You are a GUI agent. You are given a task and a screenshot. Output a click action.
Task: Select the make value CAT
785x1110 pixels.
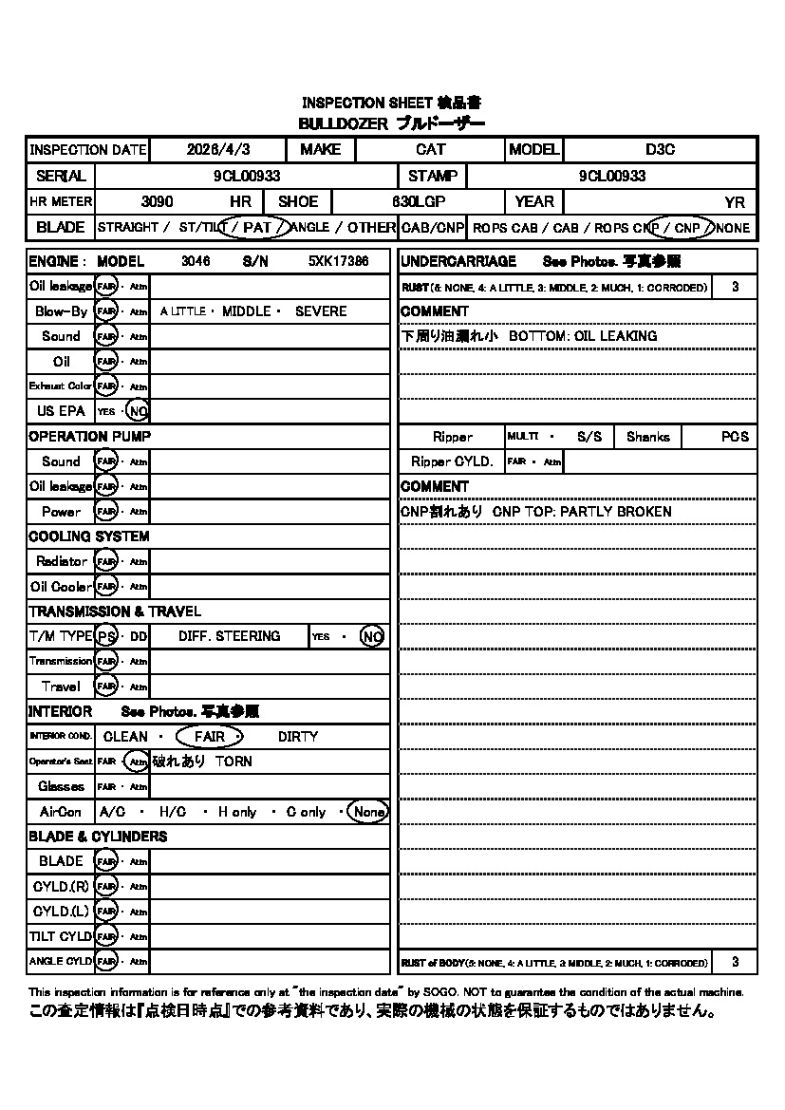tap(430, 150)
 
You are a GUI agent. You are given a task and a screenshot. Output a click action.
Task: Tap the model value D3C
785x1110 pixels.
tap(660, 150)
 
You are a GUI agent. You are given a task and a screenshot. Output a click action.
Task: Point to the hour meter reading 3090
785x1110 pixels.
tap(157, 201)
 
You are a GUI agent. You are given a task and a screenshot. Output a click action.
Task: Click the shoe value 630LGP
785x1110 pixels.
tap(419, 201)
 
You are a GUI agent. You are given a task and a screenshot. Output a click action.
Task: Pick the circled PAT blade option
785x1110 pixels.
tap(256, 228)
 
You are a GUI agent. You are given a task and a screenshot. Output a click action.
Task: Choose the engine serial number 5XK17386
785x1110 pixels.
tap(339, 261)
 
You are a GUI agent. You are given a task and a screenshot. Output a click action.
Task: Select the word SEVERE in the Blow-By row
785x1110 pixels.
tap(321, 311)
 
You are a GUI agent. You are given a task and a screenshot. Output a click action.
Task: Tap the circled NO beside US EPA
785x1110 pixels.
tap(139, 411)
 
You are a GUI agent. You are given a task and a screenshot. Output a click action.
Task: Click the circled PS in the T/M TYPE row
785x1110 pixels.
tap(106, 636)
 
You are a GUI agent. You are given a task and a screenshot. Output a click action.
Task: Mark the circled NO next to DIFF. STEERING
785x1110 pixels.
tap(372, 636)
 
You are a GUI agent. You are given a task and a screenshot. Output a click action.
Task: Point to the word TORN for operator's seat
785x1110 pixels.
tap(234, 762)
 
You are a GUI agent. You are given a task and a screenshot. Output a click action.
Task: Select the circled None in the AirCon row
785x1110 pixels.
tap(367, 812)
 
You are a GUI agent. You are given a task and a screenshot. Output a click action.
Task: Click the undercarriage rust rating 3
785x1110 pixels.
tap(736, 287)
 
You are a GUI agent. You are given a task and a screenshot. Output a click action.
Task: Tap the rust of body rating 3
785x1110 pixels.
tap(736, 963)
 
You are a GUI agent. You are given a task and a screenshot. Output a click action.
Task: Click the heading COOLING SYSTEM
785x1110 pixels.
tap(88, 536)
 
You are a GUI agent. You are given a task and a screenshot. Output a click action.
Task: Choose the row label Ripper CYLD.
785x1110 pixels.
tap(452, 461)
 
